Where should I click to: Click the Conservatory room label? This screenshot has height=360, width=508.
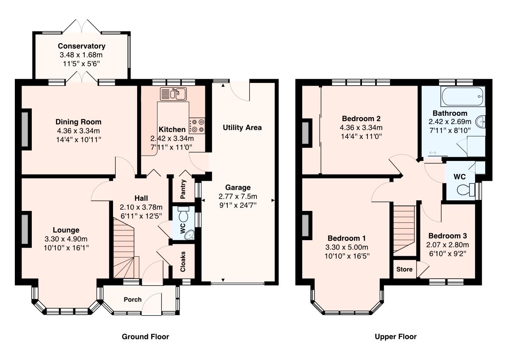[82, 46]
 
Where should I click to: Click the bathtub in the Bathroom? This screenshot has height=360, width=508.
[462, 97]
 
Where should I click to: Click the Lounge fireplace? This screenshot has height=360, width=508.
[25, 229]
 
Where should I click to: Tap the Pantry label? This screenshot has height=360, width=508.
[183, 191]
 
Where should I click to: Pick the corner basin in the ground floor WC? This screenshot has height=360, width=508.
[188, 234]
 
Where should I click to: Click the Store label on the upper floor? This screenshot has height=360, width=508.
[404, 269]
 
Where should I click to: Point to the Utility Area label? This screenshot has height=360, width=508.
[242, 127]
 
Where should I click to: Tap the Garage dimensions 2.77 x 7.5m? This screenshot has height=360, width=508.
[238, 197]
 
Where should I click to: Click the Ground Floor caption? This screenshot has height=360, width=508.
[145, 337]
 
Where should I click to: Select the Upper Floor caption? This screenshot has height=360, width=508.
[395, 337]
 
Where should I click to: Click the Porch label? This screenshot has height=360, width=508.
[133, 299]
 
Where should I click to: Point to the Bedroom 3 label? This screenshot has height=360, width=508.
[447, 236]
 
